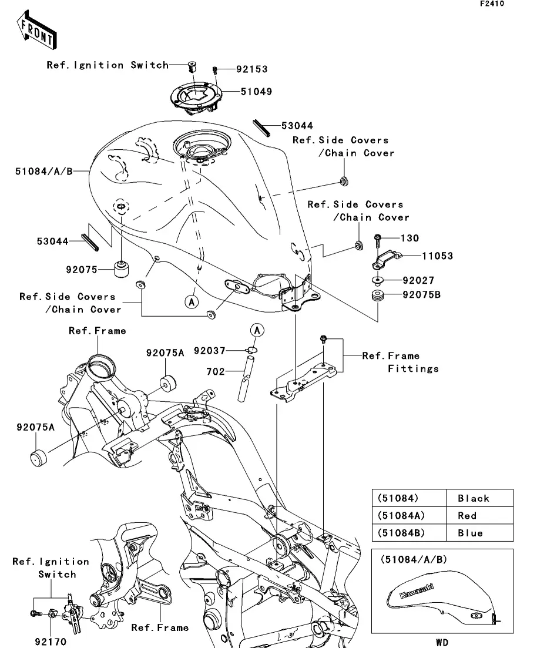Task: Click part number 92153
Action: [x=251, y=69]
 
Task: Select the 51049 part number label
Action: [x=256, y=92]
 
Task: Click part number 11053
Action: [x=437, y=256]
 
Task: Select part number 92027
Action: [x=418, y=281]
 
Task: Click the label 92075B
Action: [x=421, y=295]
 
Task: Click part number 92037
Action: [x=226, y=351]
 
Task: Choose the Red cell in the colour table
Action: [x=466, y=516]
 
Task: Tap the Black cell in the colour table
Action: [x=473, y=498]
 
